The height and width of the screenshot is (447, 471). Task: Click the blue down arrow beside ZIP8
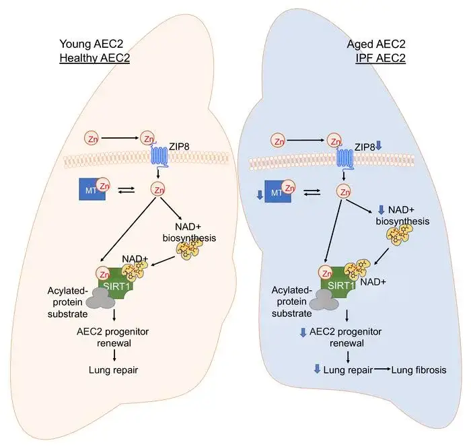[379, 145]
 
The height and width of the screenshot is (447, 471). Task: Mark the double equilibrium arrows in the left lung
[124, 192]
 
